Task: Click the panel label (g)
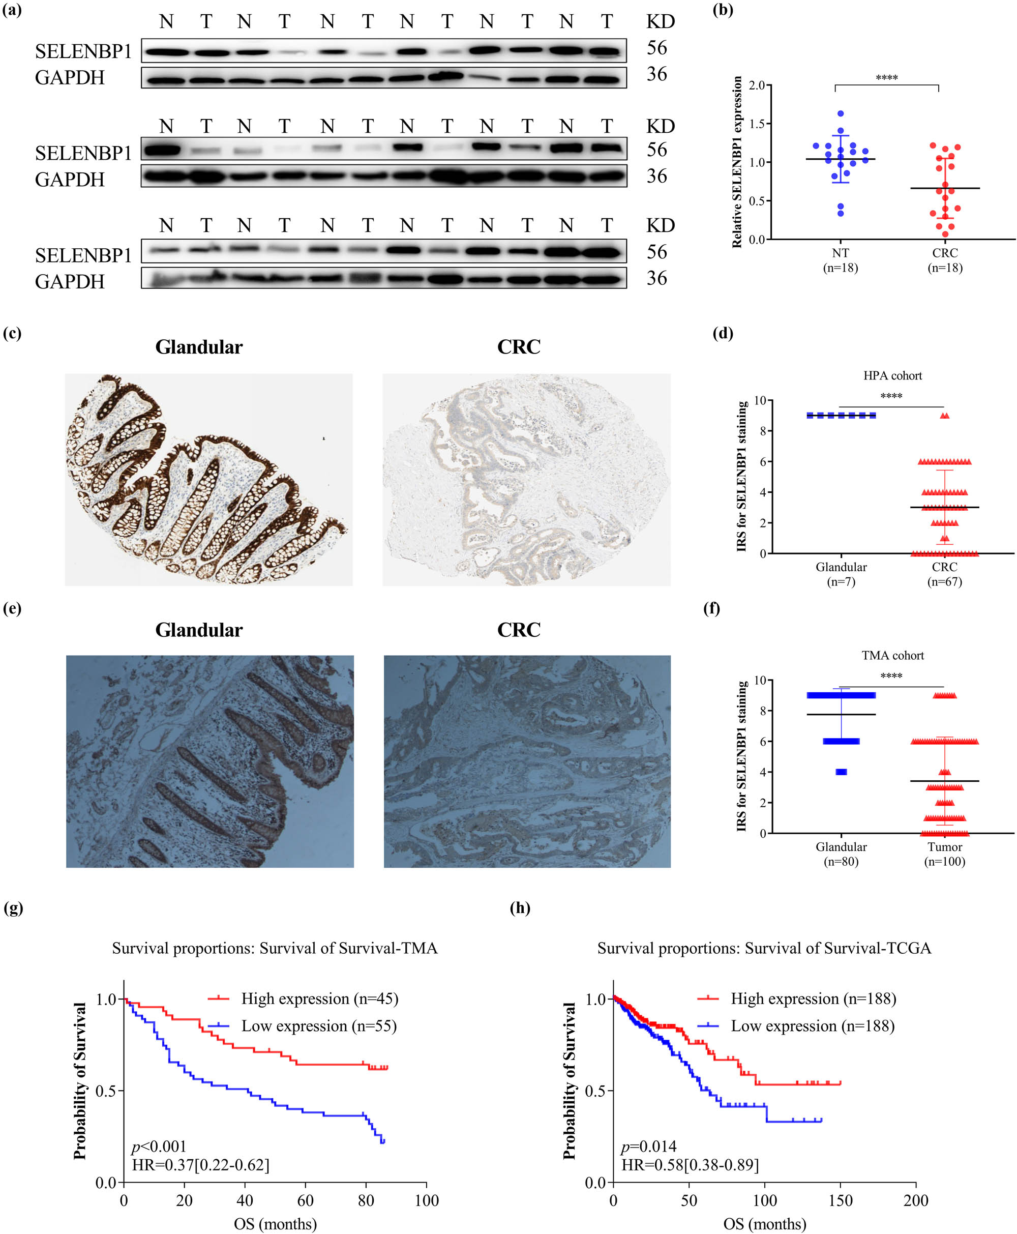(x=13, y=908)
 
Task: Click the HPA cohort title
(x=892, y=375)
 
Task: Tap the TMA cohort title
(x=892, y=655)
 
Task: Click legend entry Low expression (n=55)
(x=319, y=1026)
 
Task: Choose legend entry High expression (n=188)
(x=813, y=998)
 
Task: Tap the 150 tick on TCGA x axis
(x=840, y=1200)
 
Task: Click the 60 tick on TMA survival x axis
(x=305, y=1200)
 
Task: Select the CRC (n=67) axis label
(x=944, y=574)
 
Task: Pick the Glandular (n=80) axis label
(x=841, y=854)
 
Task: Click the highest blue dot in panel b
(x=841, y=113)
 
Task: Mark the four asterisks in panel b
(x=886, y=78)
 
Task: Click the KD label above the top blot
(x=660, y=22)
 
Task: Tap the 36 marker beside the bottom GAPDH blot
(x=656, y=278)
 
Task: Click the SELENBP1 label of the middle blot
(x=83, y=154)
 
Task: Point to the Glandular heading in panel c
(x=199, y=347)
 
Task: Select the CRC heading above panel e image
(x=519, y=630)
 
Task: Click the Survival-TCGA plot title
(x=764, y=948)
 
